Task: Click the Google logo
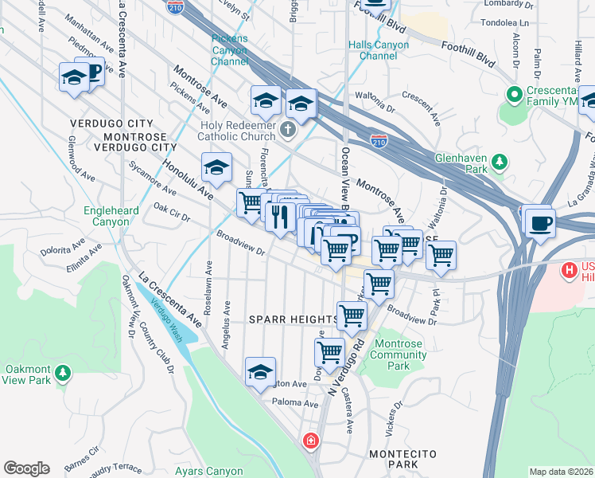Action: click(26, 468)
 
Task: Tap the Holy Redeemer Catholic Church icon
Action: click(290, 128)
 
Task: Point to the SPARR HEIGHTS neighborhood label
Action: click(293, 319)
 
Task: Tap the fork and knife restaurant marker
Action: click(278, 217)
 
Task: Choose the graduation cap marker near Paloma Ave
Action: click(260, 373)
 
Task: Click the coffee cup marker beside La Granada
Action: click(540, 220)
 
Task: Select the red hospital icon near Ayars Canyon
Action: click(310, 440)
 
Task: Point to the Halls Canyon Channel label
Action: click(379, 50)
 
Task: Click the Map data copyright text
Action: click(561, 472)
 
